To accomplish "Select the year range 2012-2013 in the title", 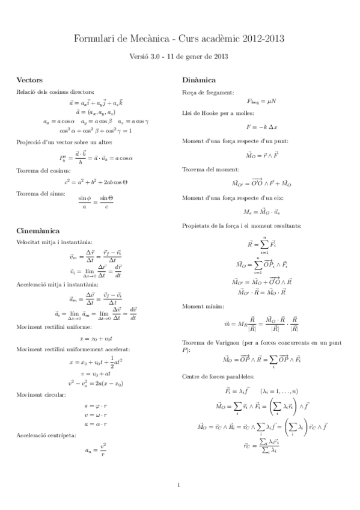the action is point(264,39).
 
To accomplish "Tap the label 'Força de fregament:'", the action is point(207,92).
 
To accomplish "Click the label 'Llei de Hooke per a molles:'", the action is point(217,113).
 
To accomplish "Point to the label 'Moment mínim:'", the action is point(203,289).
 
